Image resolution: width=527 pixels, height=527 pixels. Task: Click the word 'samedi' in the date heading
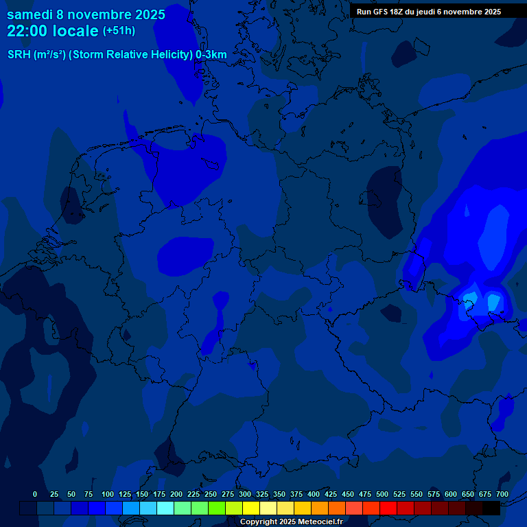[x=29, y=14]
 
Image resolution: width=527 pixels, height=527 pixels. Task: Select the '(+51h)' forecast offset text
[x=119, y=31]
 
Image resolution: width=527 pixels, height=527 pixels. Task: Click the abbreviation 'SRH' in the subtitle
[x=19, y=55]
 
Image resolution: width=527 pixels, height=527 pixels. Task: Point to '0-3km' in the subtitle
[x=211, y=55]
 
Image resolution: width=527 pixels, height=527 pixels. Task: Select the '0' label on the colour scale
[x=35, y=494]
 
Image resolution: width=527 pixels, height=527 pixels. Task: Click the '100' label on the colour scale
[x=108, y=494]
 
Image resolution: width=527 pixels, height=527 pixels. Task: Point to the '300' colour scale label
[x=245, y=494]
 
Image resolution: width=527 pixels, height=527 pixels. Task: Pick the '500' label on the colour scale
[x=382, y=494]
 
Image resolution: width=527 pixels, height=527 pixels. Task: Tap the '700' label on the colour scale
[x=502, y=494]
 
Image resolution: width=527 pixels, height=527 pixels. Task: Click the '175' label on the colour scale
[x=159, y=494]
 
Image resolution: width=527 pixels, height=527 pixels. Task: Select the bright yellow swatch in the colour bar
[x=251, y=508]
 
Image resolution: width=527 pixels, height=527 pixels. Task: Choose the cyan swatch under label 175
[x=165, y=508]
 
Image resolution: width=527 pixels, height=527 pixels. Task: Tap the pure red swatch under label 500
[x=388, y=508]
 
